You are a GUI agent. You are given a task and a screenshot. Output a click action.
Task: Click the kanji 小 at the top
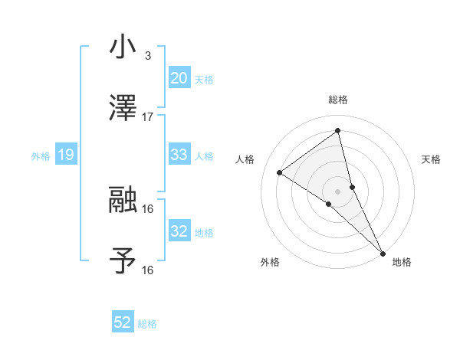point(123,47)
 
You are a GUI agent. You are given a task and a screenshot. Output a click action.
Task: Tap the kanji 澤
point(123,108)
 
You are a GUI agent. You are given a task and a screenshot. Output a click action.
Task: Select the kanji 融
point(123,200)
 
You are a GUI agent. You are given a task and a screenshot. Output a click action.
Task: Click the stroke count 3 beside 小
point(148,56)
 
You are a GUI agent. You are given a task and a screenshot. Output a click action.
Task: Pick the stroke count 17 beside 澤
point(148,117)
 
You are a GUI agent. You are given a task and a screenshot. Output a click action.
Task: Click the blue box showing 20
point(179,78)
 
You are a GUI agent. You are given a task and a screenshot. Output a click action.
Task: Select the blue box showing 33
point(179,155)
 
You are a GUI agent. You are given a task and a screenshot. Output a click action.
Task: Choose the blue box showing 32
point(179,231)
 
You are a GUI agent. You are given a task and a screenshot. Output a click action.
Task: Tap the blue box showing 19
point(66,155)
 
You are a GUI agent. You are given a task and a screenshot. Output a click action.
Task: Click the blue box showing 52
point(123,323)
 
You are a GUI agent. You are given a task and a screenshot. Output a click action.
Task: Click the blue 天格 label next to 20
point(204,80)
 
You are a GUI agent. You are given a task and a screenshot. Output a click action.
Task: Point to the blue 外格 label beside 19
point(41,156)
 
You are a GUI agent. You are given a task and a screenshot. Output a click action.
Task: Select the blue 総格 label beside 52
point(147,324)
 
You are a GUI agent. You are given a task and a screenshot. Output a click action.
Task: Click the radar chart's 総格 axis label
point(338,100)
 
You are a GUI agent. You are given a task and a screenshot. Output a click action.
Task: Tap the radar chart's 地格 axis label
point(402,262)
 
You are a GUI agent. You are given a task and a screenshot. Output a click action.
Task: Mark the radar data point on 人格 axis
point(279,172)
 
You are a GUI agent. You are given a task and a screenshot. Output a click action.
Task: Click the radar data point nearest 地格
point(382,252)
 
